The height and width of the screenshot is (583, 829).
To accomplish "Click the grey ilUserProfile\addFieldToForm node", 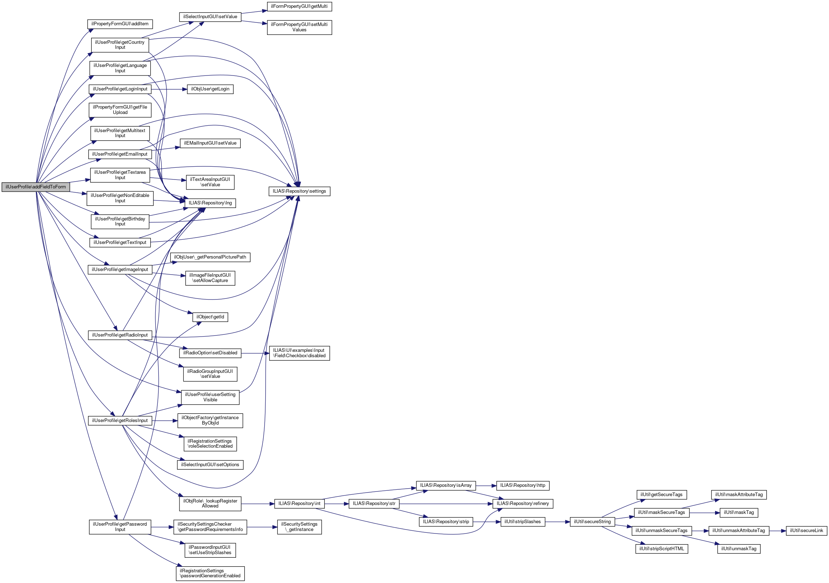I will tap(36, 187).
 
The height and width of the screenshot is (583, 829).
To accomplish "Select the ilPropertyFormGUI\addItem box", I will tap(120, 24).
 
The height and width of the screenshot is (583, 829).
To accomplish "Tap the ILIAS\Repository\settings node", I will tap(299, 191).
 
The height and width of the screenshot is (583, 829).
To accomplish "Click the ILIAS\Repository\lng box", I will tap(210, 203).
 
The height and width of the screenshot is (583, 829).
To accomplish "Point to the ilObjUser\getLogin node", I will tap(210, 89).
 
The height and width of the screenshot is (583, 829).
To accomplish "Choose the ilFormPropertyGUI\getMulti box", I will tap(299, 6).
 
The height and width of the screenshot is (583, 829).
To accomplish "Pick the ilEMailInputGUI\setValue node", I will tap(210, 144).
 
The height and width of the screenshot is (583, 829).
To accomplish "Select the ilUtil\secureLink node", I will tap(806, 531).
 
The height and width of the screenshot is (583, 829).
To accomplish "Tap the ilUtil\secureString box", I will tap(592, 522).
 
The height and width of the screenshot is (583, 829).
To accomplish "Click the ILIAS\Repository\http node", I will tap(522, 485).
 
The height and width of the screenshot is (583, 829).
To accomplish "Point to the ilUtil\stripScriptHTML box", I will tap(662, 549).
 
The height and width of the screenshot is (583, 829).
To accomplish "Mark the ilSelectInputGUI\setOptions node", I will tap(210, 465).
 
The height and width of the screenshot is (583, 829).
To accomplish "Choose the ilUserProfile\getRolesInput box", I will tap(120, 421).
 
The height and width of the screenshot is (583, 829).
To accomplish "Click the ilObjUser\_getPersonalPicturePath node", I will tap(210, 257).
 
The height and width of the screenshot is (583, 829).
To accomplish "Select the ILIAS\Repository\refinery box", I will tap(522, 504).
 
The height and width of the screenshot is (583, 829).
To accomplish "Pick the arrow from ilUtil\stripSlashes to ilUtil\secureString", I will tap(558, 522).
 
